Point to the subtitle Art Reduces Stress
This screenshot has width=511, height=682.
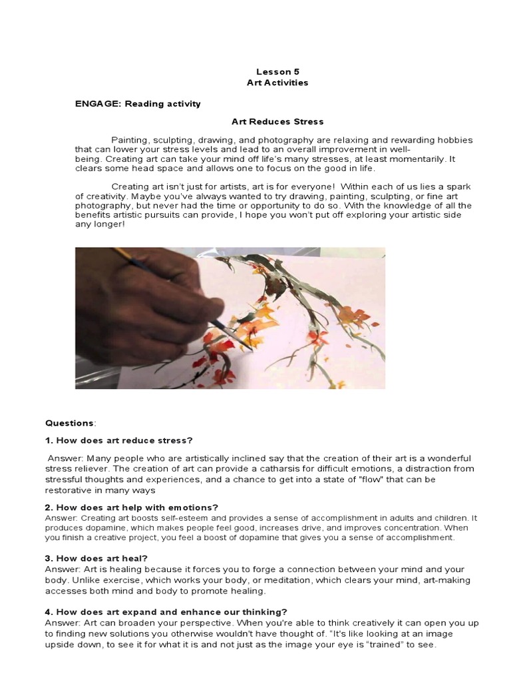[x=277, y=122]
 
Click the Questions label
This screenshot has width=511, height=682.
[x=70, y=422]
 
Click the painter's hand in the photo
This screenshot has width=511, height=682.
[x=146, y=293]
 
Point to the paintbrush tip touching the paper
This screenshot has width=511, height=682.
[x=250, y=349]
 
